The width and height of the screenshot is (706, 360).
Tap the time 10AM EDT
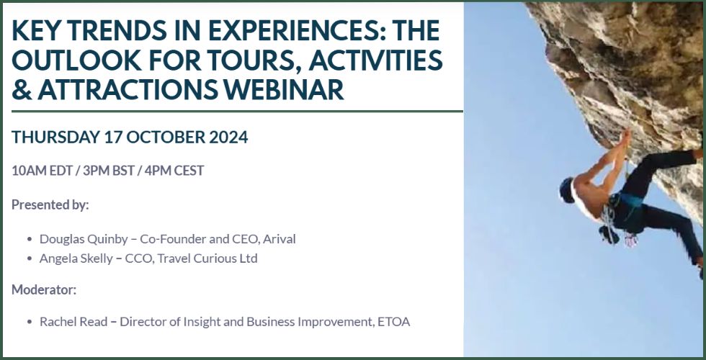[43, 171]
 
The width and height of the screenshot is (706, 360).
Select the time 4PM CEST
[174, 171]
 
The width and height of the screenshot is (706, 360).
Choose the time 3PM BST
[109, 171]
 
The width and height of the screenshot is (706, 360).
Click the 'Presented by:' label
[50, 204]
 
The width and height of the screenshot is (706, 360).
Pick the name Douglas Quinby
[84, 239]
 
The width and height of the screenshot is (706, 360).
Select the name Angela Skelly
[76, 258]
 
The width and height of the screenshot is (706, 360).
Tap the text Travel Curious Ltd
[207, 258]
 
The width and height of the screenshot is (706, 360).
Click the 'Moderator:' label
[44, 289]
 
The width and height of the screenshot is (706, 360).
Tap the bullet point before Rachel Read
[30, 323]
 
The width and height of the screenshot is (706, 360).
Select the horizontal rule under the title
[237, 111]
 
